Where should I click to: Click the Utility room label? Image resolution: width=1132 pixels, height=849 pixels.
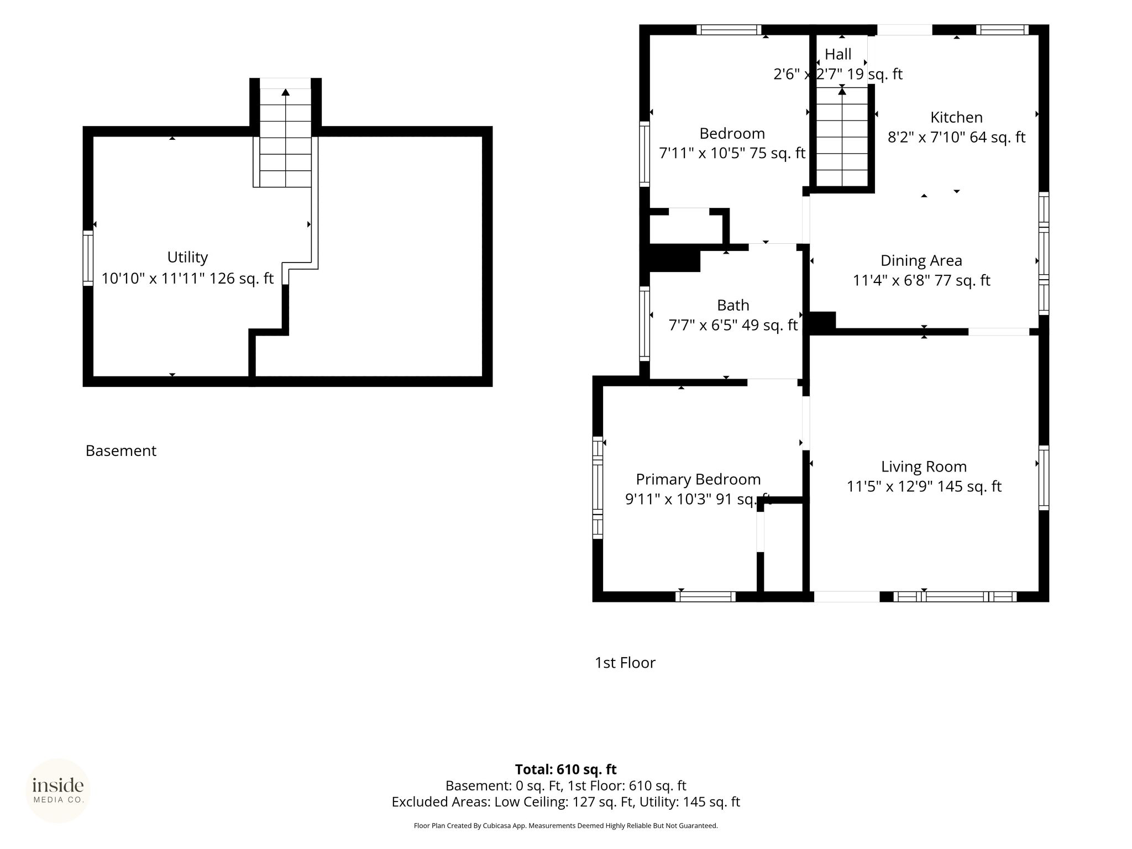click(187, 257)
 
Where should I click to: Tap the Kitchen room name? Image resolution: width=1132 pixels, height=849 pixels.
click(956, 117)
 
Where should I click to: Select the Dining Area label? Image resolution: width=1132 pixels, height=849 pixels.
click(921, 260)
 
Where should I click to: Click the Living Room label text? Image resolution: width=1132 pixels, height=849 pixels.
click(924, 467)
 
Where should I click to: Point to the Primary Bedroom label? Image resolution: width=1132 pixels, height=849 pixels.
click(698, 479)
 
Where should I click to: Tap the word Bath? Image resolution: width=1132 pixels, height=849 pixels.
click(733, 305)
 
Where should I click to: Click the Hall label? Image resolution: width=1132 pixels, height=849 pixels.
click(838, 54)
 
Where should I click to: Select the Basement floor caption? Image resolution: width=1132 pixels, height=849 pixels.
click(121, 450)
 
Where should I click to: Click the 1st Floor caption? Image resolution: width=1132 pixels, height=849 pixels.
click(625, 662)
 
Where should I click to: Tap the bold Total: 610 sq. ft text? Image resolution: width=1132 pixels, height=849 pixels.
click(565, 769)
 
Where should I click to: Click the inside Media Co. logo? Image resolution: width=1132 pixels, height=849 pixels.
click(58, 790)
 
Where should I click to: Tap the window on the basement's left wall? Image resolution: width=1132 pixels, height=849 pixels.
click(88, 258)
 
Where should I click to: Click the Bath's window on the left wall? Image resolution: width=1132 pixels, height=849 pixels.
click(644, 324)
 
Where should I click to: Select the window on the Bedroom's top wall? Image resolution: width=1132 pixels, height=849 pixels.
click(729, 30)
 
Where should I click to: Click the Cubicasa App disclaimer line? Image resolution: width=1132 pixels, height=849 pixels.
click(565, 826)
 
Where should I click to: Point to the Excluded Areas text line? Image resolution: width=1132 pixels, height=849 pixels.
click(565, 801)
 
